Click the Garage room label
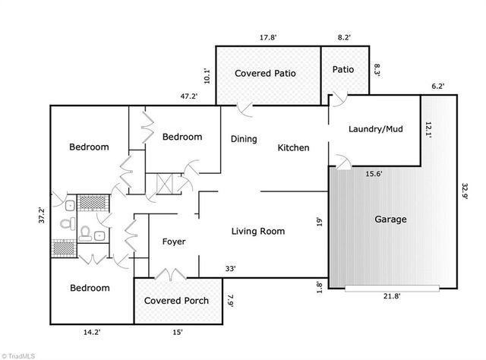coord(391,219)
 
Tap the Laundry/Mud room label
coord(375,129)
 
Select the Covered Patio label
coord(265,74)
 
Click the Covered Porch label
coord(177,301)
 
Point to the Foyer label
coord(174,242)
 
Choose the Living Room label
coord(258,231)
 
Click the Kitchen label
coord(293,147)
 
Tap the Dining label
coord(244,139)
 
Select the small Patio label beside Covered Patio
coord(343,70)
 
